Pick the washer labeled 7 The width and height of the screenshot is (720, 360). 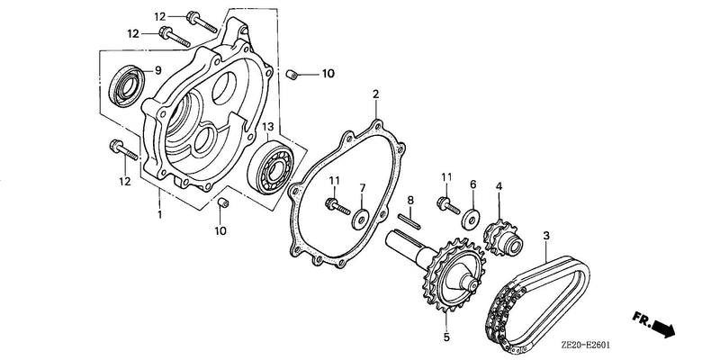361,220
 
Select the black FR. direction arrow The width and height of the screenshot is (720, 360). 663,328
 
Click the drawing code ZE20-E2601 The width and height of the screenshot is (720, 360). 586,345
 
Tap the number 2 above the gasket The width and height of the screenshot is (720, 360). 375,94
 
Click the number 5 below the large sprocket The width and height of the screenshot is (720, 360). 446,337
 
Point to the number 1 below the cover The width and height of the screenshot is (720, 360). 159,214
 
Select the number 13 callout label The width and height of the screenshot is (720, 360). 267,126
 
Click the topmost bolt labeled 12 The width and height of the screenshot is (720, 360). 202,22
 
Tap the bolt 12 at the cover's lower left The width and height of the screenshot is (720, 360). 123,150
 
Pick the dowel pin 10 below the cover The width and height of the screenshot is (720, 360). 222,202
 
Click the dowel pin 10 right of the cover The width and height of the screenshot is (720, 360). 291,74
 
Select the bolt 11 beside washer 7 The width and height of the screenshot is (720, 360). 337,206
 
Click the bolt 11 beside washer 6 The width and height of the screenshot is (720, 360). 448,204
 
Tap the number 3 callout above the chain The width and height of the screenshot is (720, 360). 546,237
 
